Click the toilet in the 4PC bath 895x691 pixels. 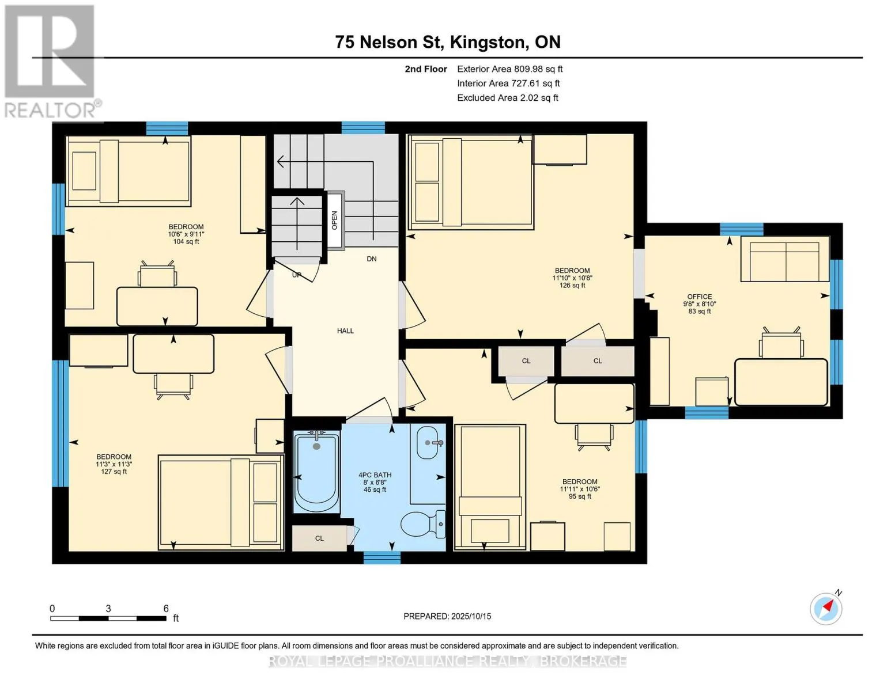[423, 524]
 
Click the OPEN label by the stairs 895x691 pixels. [334, 220]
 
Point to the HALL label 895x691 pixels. [345, 331]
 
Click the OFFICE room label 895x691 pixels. [700, 297]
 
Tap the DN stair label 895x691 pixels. [372, 259]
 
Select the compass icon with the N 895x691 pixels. [826, 608]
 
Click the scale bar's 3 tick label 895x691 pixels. [108, 608]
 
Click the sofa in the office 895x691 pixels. [784, 259]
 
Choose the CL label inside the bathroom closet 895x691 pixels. [319, 538]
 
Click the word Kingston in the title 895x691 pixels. [488, 42]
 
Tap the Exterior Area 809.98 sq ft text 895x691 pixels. [509, 69]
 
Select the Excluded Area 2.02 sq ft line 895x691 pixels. [507, 98]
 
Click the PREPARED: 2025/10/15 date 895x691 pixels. [447, 616]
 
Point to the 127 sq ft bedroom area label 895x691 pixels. [114, 472]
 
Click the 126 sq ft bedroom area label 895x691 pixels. [572, 285]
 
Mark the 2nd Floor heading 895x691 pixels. [426, 69]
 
